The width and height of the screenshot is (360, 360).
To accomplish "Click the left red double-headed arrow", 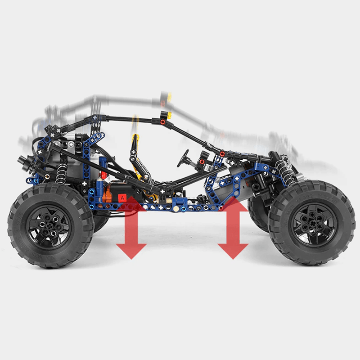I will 131,227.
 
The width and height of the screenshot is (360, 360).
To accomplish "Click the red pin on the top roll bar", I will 162,121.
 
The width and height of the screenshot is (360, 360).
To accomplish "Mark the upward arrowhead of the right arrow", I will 233,205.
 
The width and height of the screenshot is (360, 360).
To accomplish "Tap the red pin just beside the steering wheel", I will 202,162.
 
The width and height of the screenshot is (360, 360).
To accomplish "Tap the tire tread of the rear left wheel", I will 18,234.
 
